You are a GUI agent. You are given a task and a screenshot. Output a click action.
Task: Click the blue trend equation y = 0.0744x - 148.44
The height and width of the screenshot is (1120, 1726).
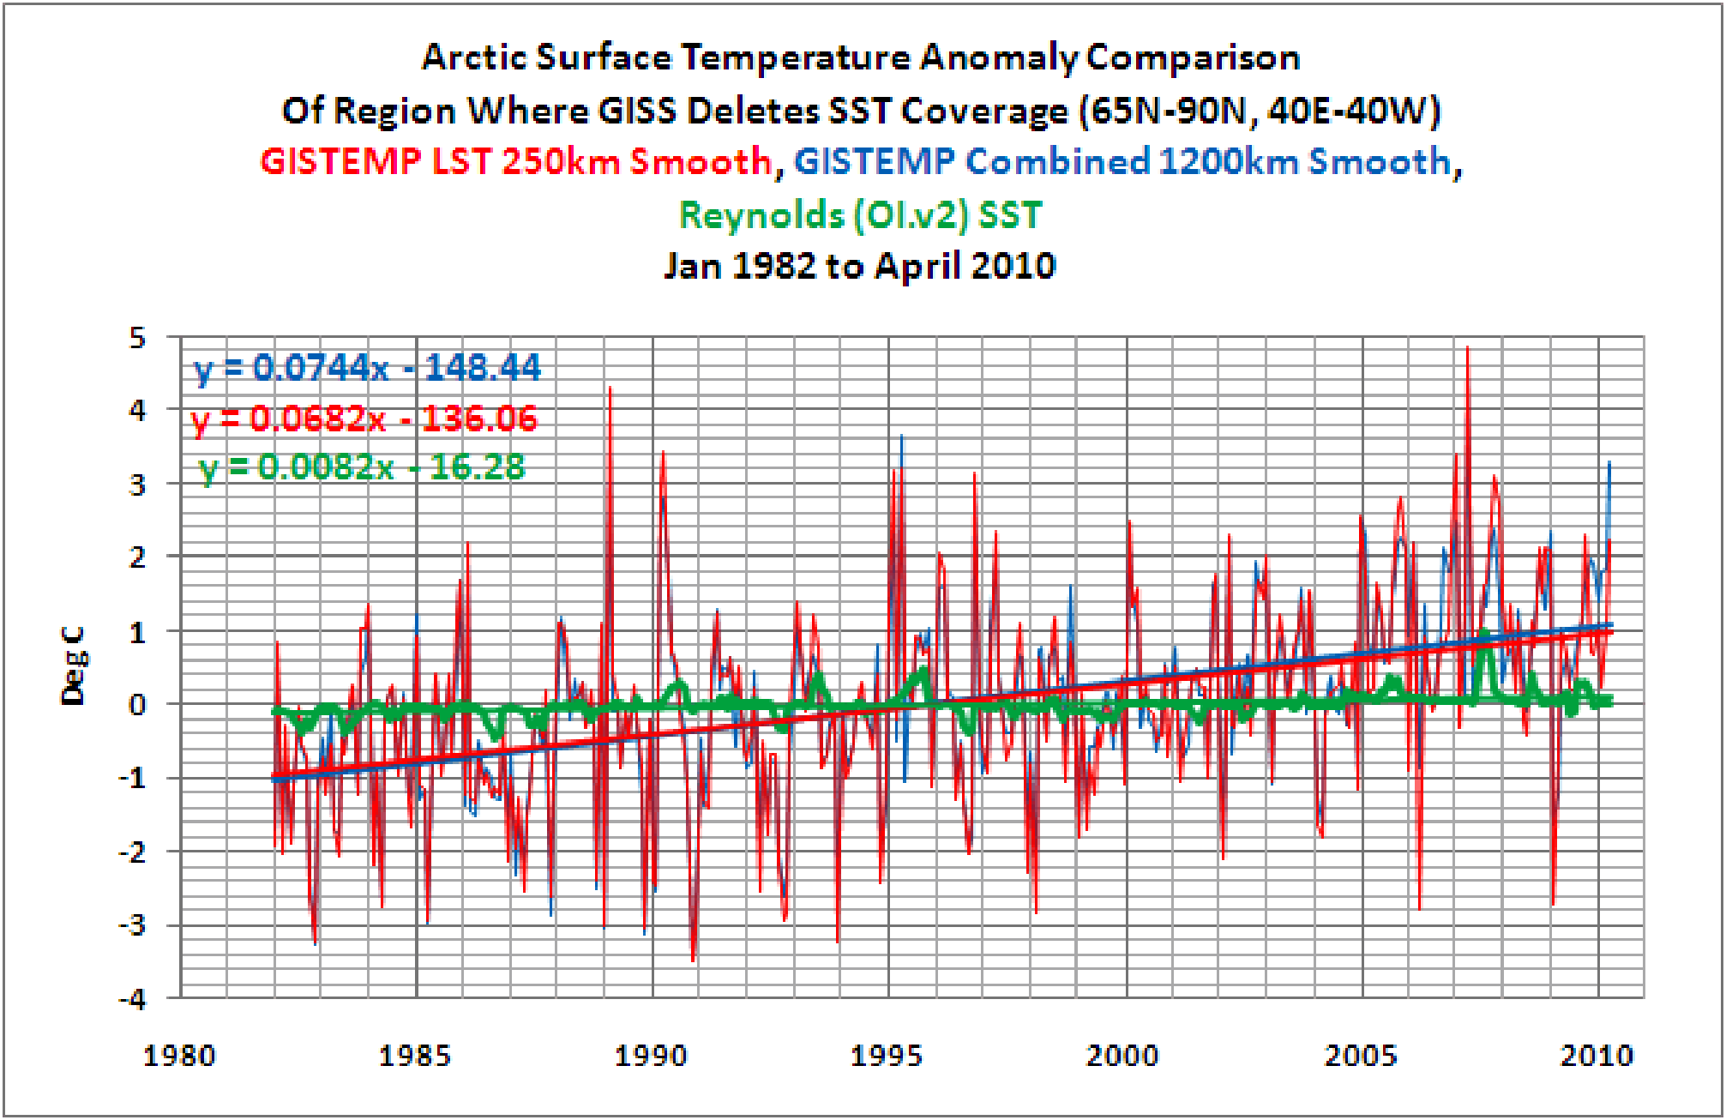(x=367, y=367)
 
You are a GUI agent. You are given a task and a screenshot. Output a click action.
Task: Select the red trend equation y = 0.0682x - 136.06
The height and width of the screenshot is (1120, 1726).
(x=364, y=419)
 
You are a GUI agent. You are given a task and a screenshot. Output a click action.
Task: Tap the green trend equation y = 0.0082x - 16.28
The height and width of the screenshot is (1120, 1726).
(x=362, y=467)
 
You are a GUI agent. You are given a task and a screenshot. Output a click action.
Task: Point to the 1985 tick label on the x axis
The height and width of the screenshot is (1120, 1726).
(x=415, y=1055)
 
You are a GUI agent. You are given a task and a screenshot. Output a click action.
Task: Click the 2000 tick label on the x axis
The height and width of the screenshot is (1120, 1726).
(x=1123, y=1055)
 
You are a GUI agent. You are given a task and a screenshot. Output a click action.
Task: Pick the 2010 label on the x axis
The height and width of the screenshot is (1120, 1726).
(x=1597, y=1055)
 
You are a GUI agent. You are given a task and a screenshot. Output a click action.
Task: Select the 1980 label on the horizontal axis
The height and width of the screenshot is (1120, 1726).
(x=179, y=1055)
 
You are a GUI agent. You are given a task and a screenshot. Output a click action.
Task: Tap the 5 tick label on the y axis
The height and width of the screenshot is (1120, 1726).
(x=137, y=338)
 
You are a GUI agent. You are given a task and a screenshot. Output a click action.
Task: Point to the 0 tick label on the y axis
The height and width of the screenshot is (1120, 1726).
(x=137, y=705)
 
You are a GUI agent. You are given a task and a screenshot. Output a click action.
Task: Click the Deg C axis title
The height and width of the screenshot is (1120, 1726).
(x=74, y=666)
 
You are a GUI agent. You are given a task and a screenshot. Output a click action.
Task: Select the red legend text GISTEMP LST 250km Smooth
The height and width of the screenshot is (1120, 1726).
(x=516, y=161)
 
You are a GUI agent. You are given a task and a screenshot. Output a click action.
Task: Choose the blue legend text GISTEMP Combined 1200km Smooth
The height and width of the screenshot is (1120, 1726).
(x=1122, y=161)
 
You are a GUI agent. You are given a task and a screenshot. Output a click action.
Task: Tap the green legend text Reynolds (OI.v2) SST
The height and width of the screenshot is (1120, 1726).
(x=860, y=214)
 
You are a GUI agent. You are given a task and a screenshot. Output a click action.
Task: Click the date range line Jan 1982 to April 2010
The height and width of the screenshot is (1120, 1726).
(x=860, y=266)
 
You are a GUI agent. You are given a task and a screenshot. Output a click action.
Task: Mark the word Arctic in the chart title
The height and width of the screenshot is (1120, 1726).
(x=474, y=57)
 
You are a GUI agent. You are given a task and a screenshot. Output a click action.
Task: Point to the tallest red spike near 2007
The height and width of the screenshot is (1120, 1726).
(x=1468, y=348)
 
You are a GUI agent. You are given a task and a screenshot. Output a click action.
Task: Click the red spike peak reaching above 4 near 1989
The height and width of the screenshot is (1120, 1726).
(x=610, y=388)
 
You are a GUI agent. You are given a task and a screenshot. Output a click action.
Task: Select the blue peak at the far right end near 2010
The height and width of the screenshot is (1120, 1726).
(x=1609, y=463)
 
